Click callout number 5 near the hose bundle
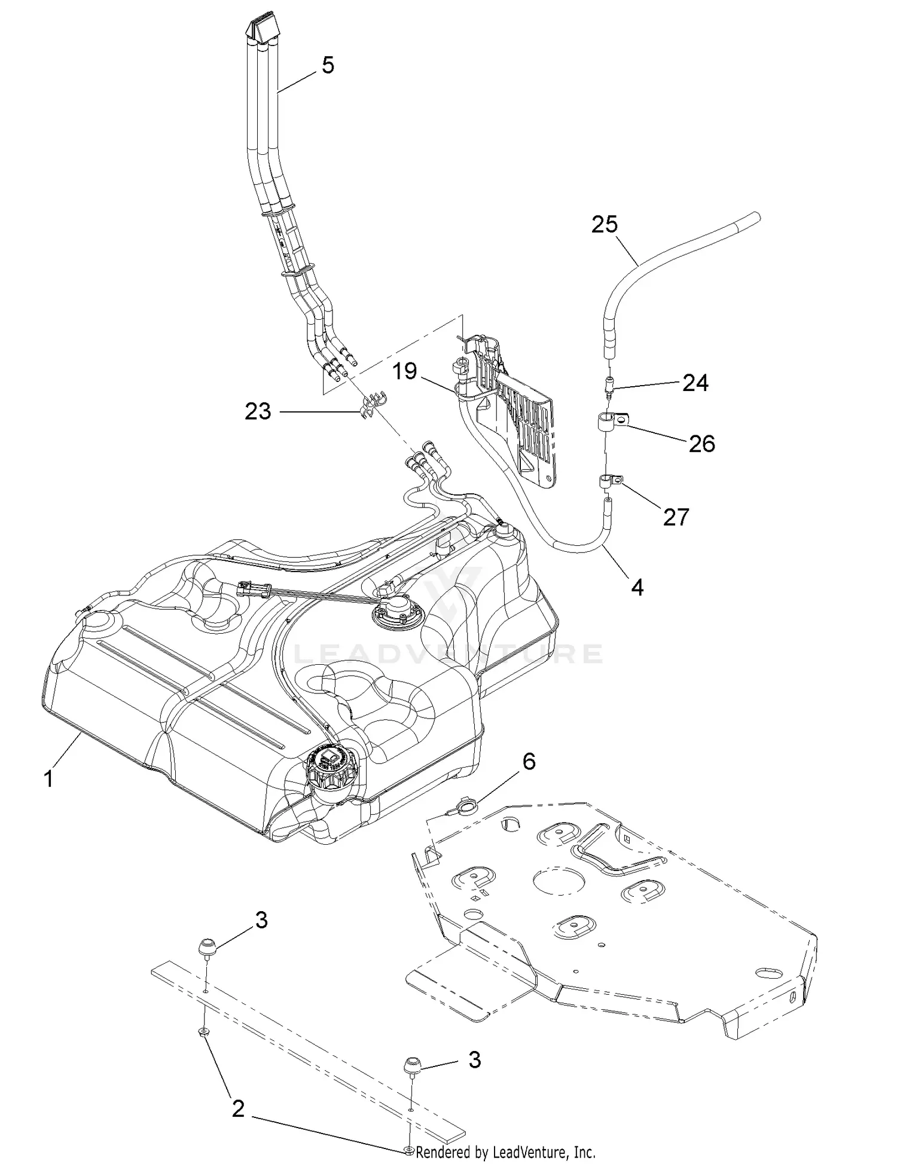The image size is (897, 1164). (328, 65)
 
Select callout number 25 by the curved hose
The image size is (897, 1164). (605, 225)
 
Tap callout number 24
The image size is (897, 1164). (695, 383)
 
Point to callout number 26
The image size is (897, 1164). (701, 444)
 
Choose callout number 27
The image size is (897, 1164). (676, 517)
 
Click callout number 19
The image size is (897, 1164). (404, 371)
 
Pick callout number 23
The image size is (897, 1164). (258, 411)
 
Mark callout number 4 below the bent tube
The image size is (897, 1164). (637, 588)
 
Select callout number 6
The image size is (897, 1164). (529, 762)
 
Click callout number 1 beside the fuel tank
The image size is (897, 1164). (49, 779)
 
